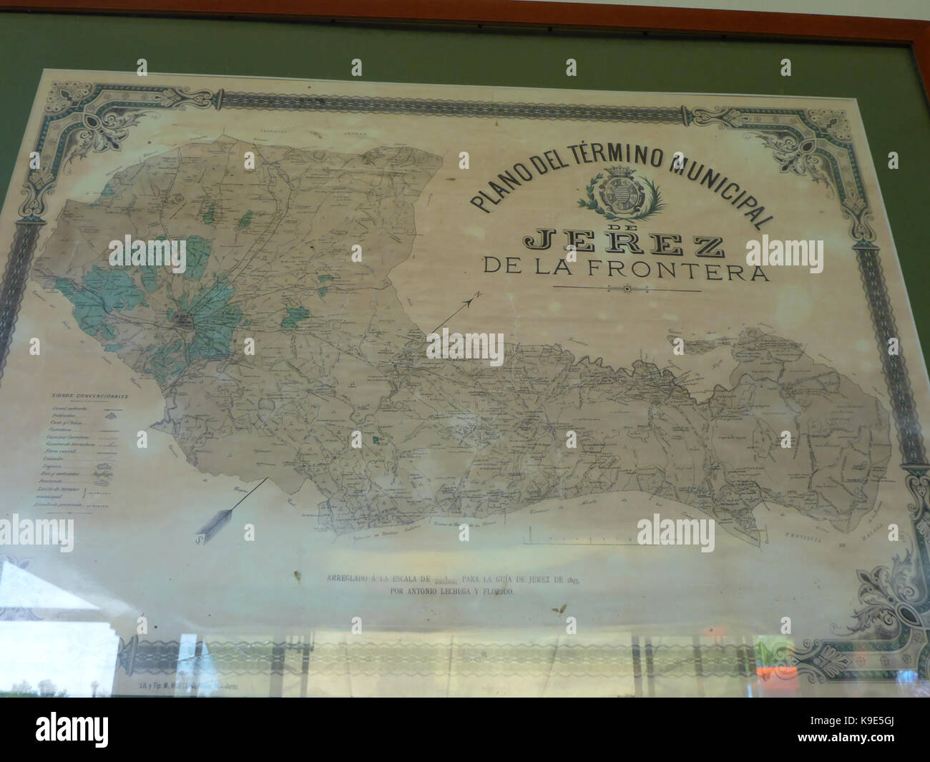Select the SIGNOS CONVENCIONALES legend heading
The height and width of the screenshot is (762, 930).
[x=89, y=395]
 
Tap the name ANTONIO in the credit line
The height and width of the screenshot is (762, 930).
[x=431, y=592]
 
